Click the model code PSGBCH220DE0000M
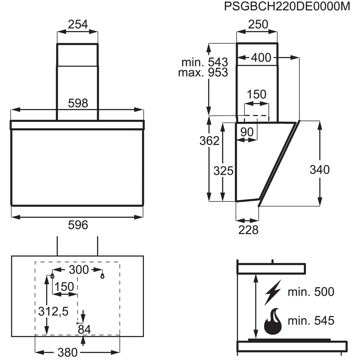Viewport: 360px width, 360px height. pos(287,6)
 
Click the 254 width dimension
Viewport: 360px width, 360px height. pos(78,25)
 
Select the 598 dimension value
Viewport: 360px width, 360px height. pos(78,103)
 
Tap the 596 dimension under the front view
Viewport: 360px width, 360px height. pos(78,225)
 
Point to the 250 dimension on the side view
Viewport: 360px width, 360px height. pos(258,25)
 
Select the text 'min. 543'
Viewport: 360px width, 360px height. pos(205,62)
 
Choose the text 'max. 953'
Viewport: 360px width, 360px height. pos(203,73)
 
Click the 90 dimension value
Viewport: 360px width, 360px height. pos(247,132)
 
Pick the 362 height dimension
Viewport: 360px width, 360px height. pos(209,141)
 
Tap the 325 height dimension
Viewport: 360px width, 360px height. pos(223,171)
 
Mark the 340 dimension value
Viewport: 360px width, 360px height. pos(319,169)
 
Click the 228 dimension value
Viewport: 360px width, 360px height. pos(248,230)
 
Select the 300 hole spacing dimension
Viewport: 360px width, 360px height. pos(79,269)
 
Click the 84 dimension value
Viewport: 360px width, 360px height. pos(84,329)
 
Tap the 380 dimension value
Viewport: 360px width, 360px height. pos(68,352)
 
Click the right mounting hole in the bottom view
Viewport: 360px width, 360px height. pos(102,276)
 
